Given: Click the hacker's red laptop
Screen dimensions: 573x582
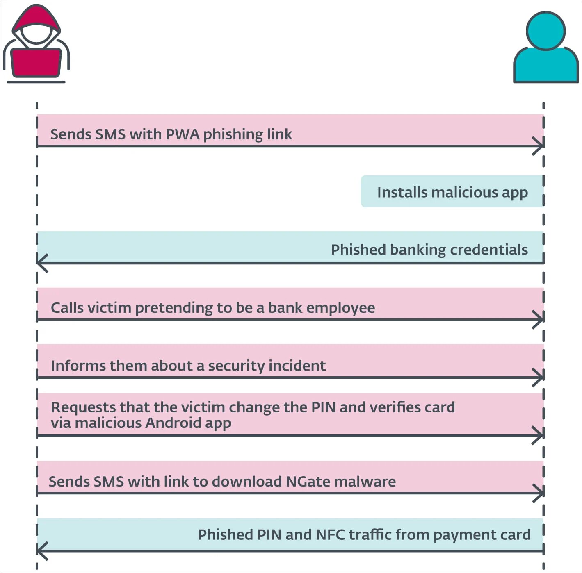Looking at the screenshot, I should point(37,62).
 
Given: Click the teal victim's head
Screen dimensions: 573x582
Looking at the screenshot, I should point(545,31).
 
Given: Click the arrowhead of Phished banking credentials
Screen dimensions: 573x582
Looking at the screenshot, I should point(41,263).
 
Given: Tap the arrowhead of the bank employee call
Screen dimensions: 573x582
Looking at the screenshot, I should point(539,320).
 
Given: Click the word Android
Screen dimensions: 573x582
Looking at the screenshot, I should point(173,423).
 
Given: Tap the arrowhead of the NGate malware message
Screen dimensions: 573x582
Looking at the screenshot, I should point(539,493).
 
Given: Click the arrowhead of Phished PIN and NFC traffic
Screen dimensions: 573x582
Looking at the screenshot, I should point(41,550).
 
